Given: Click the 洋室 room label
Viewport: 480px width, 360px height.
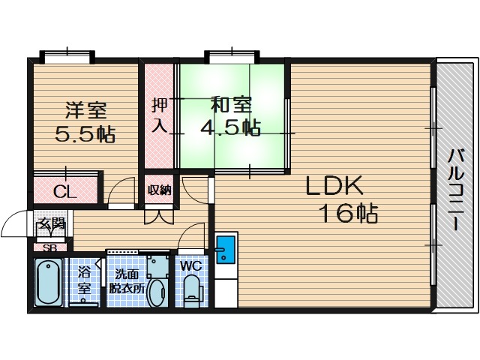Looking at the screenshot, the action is (x=86, y=110).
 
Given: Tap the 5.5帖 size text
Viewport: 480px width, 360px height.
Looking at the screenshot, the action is (x=85, y=134).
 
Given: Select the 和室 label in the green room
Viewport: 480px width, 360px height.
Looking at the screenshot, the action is (x=231, y=105).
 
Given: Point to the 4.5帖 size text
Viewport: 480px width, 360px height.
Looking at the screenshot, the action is (x=230, y=127).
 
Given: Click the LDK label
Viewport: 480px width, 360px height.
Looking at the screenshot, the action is (x=334, y=185).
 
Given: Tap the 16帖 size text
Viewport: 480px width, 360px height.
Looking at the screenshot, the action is (x=349, y=213).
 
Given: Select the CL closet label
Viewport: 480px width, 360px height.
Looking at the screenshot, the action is (x=64, y=192).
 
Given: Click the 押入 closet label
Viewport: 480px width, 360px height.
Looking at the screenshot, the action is (x=160, y=115).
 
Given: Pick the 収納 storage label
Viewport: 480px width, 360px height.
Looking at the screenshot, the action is (x=159, y=190).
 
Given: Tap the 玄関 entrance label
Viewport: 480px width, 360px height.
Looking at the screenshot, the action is (x=51, y=225).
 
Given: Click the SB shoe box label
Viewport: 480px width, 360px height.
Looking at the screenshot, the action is (x=50, y=248).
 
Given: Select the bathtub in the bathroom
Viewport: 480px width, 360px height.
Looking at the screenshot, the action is (x=48, y=282).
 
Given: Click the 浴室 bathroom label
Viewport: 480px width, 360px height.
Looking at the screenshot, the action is (x=83, y=280).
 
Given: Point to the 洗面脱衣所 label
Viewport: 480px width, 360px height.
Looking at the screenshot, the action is (x=127, y=282).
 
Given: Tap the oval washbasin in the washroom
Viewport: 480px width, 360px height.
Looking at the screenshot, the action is (x=157, y=293).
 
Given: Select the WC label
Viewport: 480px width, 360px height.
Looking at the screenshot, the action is (x=190, y=266).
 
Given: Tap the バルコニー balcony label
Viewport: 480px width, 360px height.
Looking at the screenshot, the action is (x=457, y=189).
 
